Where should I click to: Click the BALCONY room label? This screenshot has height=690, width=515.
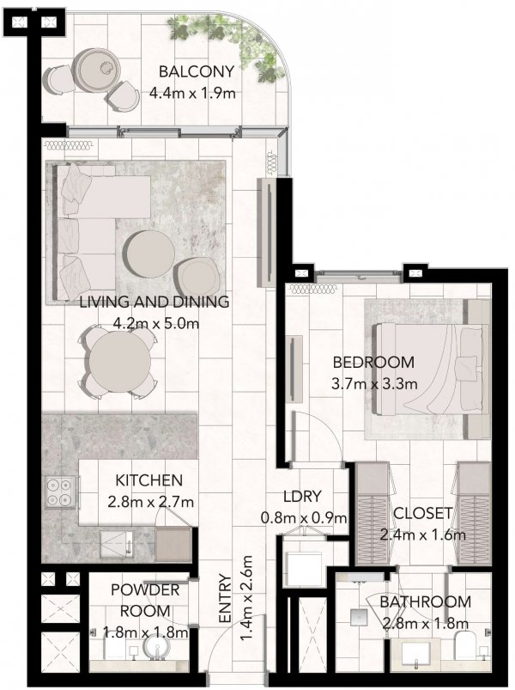pyautogui.click(x=197, y=71)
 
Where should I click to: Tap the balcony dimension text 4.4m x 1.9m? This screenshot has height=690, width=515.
pyautogui.click(x=192, y=93)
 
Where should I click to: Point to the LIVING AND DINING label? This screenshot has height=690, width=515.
pyautogui.click(x=154, y=302)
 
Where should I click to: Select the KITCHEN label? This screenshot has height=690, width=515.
pyautogui.click(x=148, y=480)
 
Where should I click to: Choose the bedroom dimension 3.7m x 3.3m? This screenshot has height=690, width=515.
pyautogui.click(x=374, y=384)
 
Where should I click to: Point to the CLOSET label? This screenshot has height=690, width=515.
pyautogui.click(x=422, y=513)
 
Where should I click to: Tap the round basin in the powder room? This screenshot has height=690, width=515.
pyautogui.click(x=157, y=648)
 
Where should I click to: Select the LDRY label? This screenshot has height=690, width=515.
pyautogui.click(x=303, y=496)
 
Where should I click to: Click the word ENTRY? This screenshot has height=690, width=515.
pyautogui.click(x=225, y=598)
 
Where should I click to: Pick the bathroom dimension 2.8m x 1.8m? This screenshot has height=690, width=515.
pyautogui.click(x=426, y=623)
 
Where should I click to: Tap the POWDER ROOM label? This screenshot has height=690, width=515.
pyautogui.click(x=145, y=601)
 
